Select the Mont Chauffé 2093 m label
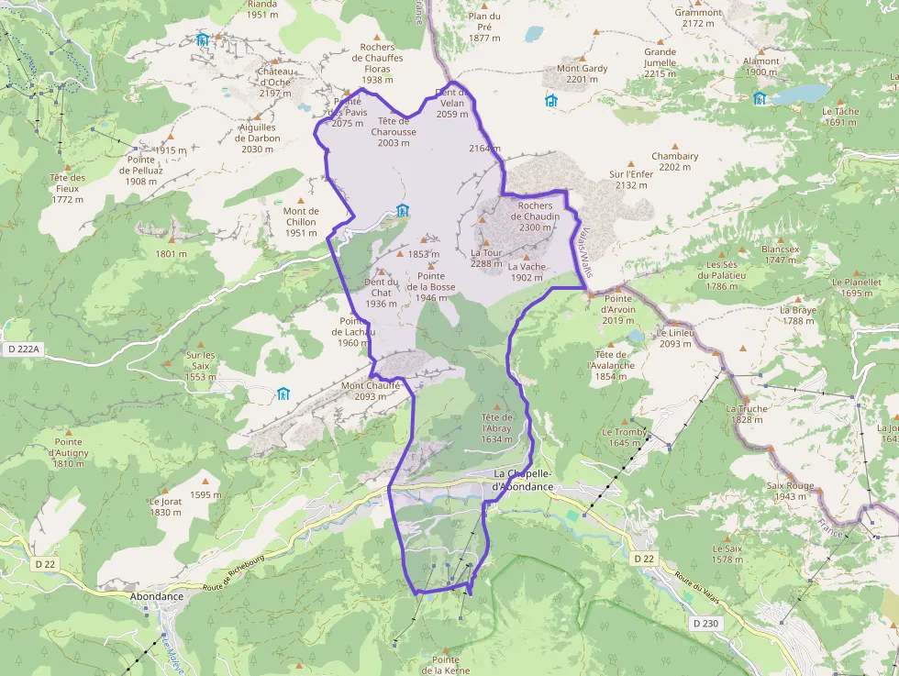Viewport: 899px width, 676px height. point(371,391)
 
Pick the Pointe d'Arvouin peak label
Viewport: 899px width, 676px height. point(618,309)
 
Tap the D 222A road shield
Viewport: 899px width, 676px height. point(21,349)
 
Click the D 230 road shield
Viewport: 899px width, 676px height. point(706,624)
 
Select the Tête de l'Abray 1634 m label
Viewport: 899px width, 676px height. point(497,427)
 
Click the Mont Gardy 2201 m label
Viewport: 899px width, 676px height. point(583,74)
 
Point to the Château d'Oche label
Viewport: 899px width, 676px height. point(274,83)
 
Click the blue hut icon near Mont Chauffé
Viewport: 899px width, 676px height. point(283,394)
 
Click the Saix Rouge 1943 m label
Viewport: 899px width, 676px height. point(794,491)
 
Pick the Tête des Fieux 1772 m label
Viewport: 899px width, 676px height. point(69,188)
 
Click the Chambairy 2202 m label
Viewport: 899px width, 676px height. point(674,161)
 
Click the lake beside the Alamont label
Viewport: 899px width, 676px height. point(800,94)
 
